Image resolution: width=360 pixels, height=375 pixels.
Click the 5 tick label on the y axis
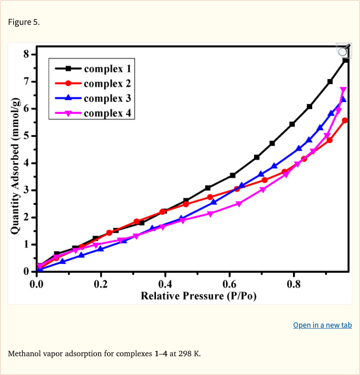(x=26, y=136)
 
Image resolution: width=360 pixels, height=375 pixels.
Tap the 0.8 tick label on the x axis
(x=294, y=284)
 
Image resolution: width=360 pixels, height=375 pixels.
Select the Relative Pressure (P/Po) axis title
(x=198, y=296)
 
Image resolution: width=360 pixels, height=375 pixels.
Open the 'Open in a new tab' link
(x=322, y=325)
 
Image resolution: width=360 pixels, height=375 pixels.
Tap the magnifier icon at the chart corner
(x=343, y=51)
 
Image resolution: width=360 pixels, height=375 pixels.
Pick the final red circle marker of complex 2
(x=345, y=120)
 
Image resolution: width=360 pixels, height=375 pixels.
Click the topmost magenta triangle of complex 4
(x=343, y=90)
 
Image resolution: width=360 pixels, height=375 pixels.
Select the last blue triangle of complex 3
(x=343, y=99)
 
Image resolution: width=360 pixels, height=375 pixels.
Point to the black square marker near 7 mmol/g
(x=330, y=81)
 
